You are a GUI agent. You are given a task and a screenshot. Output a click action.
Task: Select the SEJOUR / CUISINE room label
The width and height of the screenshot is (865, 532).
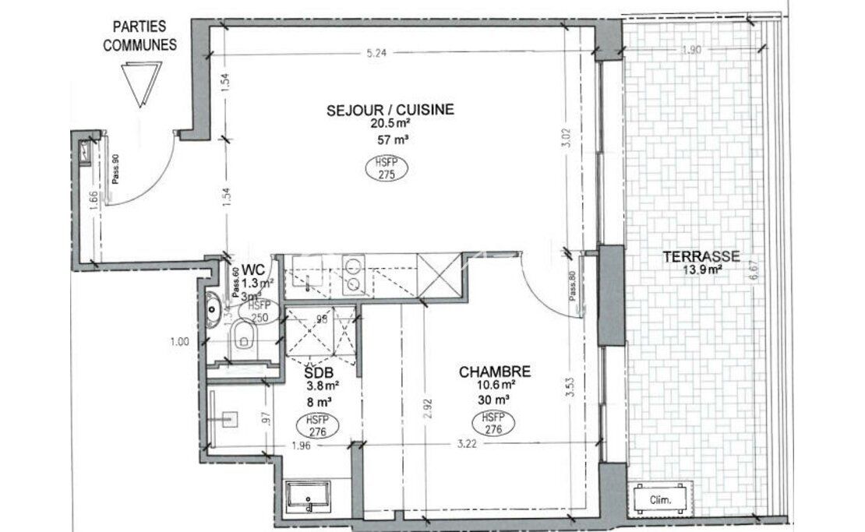[x=390, y=110]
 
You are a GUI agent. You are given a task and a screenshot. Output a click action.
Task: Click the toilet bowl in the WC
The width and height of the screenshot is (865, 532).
[x=245, y=339]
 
